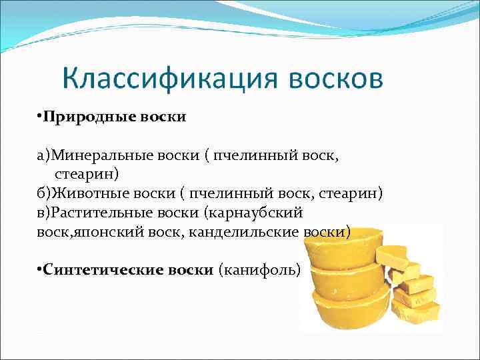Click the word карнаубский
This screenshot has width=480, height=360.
coord(257,213)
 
